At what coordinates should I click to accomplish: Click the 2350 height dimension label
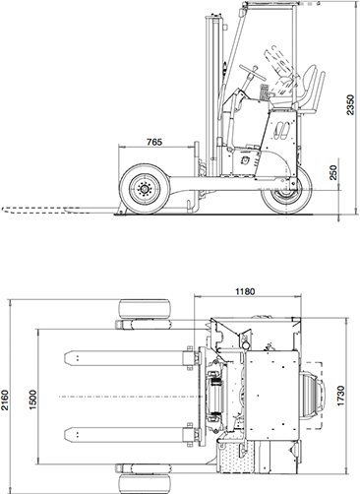350,105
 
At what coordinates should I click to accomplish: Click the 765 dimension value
154,142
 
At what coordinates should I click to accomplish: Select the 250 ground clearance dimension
333,172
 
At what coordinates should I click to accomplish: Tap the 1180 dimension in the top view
245,291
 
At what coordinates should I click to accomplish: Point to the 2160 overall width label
6,400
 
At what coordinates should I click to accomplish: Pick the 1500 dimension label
33,400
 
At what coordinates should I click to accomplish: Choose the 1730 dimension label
341,396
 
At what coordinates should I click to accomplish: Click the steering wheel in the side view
253,72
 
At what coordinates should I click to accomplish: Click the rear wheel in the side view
286,191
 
